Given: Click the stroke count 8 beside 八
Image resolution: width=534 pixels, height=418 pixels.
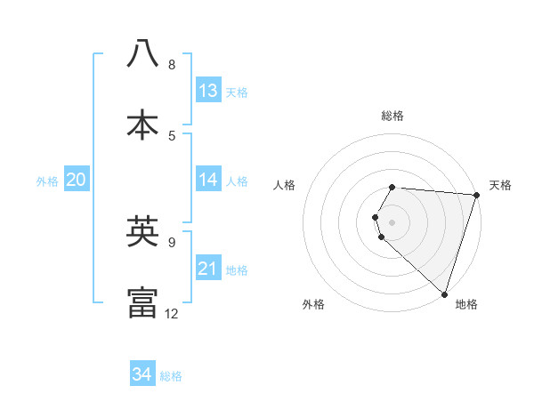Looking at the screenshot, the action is pos(172,65).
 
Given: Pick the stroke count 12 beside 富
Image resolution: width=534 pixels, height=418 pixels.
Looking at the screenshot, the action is pos(172,313).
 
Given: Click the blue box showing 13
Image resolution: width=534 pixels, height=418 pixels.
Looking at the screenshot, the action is pos(208,91).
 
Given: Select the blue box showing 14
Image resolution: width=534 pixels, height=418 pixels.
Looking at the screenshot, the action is pos(208,180).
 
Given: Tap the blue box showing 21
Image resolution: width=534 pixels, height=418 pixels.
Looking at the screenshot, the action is pos(208,269).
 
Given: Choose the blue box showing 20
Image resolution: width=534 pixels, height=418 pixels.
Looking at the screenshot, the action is pos(76,180).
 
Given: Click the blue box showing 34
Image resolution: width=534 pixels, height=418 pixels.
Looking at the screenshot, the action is pos(142,374).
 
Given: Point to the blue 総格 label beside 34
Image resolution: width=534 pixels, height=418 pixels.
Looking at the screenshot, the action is pos(171,376).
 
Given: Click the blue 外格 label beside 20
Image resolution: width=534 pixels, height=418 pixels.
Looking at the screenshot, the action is pos(47,181).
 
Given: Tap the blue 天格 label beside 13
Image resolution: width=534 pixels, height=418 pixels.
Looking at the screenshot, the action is pos(237,92).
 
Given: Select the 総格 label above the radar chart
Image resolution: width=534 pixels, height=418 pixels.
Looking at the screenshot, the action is pos(392,116).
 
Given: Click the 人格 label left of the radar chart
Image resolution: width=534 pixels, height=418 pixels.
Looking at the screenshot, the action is pos(285,185).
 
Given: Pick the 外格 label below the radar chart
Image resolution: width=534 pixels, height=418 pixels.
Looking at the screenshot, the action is pos(313,304).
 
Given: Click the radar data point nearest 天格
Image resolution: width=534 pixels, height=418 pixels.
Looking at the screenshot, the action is pos(476,195).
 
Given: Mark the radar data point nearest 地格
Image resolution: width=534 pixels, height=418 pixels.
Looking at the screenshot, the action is pos(444,293).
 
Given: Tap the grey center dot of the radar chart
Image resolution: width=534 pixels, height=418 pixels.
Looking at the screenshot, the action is pos(392,221).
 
